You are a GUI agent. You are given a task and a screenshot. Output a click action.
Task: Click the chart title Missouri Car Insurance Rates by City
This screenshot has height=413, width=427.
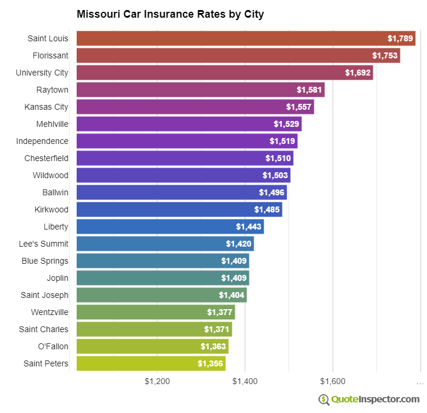click(170, 14)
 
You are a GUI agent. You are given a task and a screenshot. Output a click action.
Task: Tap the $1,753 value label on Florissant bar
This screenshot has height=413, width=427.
click(385, 55)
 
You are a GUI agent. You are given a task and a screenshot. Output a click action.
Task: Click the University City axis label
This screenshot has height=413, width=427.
click(42, 73)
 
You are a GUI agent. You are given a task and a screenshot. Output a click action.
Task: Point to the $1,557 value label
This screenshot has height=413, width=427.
click(299, 107)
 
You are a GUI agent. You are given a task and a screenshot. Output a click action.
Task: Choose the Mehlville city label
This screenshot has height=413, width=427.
click(52, 124)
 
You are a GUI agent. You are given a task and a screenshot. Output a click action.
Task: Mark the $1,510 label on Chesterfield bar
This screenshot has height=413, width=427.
click(278, 158)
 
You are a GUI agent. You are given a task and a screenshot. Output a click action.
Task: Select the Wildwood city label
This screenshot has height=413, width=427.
click(50, 175)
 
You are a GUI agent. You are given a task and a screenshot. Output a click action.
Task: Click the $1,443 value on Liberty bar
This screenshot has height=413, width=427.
click(249, 227)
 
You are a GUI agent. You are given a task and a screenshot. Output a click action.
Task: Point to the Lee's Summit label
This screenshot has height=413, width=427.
click(44, 244)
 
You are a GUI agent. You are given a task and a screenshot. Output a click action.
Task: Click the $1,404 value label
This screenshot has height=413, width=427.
click(232, 295)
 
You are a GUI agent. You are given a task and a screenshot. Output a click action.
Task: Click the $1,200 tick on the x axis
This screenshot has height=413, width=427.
click(157, 381)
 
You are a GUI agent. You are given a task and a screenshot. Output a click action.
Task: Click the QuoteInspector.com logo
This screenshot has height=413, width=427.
click(369, 399)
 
